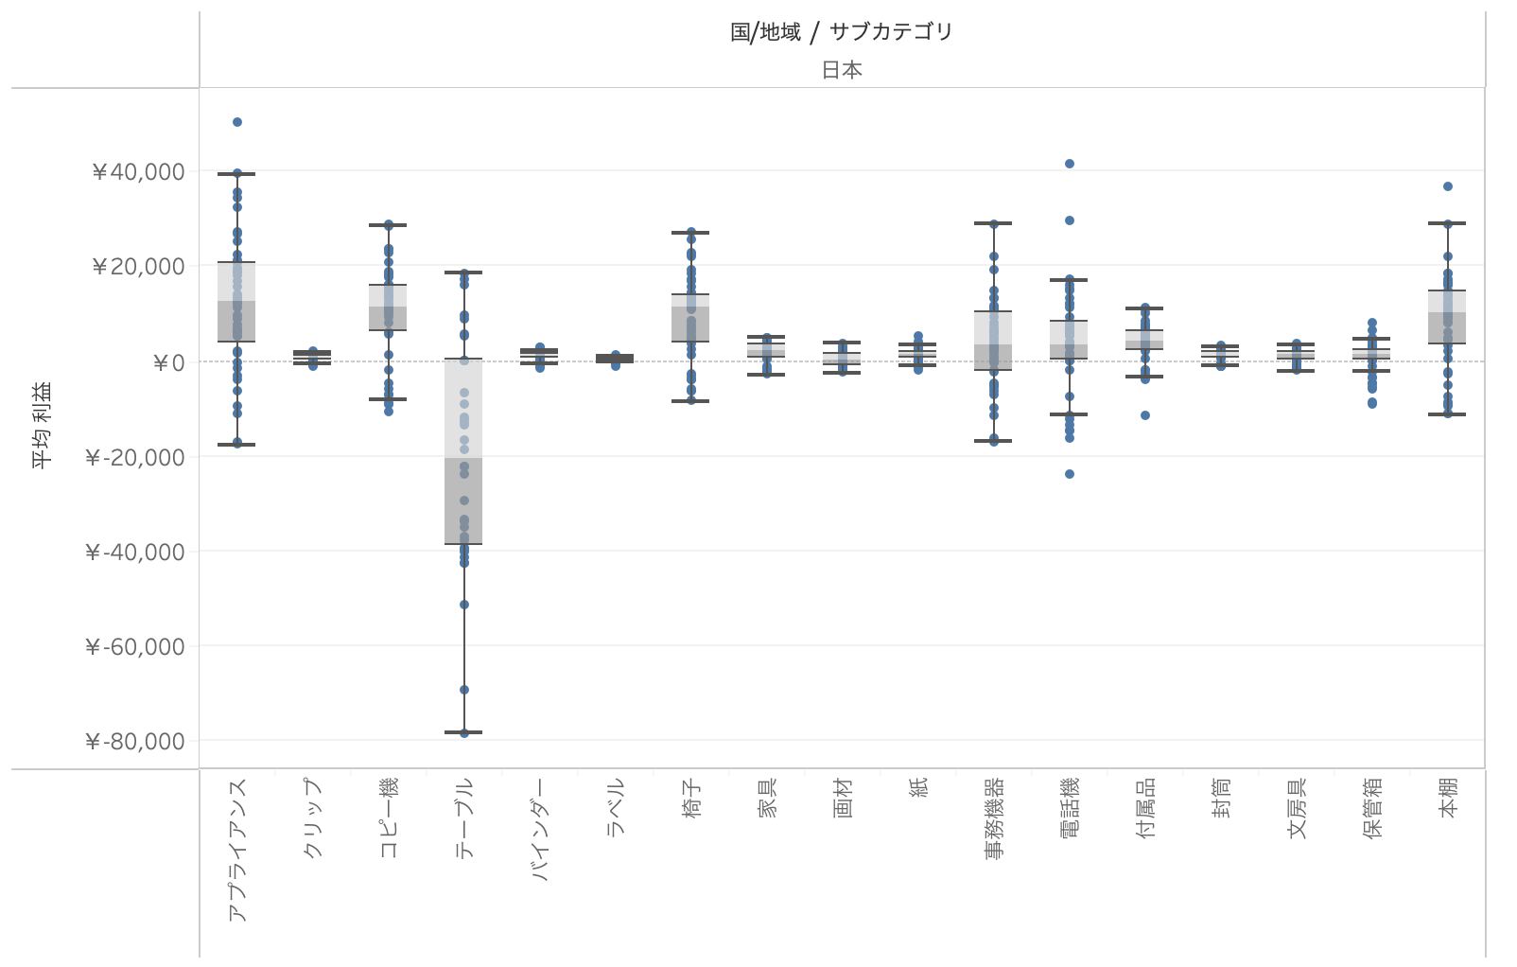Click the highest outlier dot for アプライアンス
coord(237,122)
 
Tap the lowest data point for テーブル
coord(464,732)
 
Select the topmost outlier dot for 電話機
coord(1070,164)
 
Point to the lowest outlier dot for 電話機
coord(1070,474)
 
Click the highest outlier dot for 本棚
coord(1448,186)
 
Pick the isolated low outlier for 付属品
coord(1145,415)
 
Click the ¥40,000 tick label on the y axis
coord(138,171)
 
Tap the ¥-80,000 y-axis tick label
coord(134,741)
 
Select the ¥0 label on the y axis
coord(168,362)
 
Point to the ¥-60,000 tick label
coord(134,646)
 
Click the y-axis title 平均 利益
coord(44,425)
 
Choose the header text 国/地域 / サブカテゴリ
coord(841,32)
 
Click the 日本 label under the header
coord(841,70)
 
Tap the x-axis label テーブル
coord(464,818)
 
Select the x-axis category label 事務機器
coord(994,818)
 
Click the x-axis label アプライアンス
coord(237,850)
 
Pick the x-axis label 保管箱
coord(1372,808)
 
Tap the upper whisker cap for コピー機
coord(389,225)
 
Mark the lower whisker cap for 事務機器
coord(994,441)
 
